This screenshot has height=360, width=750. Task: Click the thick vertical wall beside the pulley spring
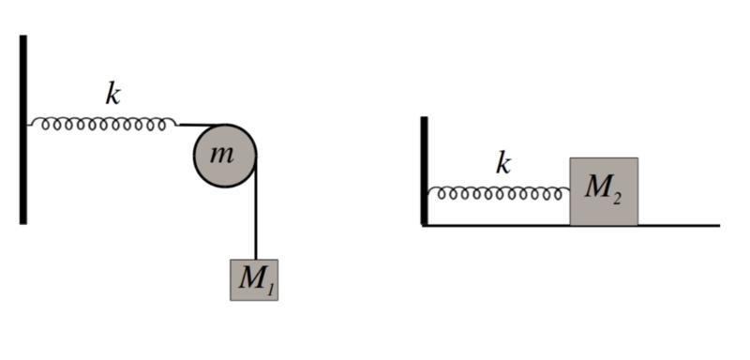[22, 129]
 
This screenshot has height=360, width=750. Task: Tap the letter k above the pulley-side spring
[112, 95]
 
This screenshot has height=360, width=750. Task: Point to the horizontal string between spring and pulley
[201, 125]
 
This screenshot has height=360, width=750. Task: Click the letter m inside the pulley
[221, 155]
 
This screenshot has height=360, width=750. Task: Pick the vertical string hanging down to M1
[256, 208]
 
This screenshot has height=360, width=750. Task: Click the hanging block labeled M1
[254, 280]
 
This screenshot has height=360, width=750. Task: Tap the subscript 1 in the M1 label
[269, 286]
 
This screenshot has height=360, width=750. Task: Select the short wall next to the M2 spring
[425, 171]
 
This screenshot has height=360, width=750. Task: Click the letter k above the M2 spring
[502, 164]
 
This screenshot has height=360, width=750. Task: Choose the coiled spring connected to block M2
[499, 193]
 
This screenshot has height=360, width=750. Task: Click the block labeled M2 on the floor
[604, 191]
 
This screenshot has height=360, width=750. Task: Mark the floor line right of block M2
[679, 225]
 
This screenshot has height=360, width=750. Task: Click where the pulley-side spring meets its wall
[28, 126]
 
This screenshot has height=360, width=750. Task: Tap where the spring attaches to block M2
[569, 190]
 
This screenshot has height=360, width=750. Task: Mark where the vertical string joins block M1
[256, 260]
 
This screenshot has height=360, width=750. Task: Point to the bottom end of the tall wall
[22, 224]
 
